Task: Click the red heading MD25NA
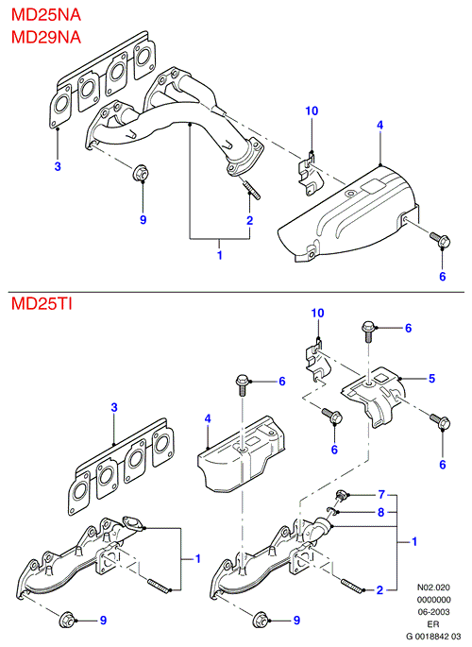click(45, 15)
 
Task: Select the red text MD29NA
click(45, 37)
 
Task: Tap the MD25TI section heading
click(42, 304)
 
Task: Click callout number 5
click(431, 379)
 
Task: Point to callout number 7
click(381, 494)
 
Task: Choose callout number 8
click(380, 512)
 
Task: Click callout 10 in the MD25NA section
click(312, 111)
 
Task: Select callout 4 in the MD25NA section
click(380, 125)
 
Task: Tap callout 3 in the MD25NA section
click(58, 166)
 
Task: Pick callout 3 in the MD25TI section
click(114, 408)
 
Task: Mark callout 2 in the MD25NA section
click(250, 220)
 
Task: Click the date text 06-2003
click(433, 612)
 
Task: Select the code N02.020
click(433, 587)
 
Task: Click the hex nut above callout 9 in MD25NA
click(141, 173)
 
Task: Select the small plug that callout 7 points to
click(342, 496)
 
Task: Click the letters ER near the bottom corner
click(433, 624)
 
